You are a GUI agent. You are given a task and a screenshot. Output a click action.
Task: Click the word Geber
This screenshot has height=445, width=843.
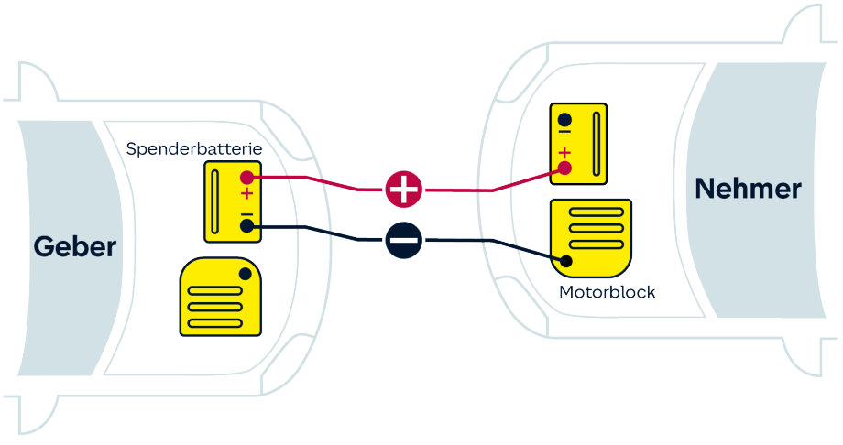[75, 246]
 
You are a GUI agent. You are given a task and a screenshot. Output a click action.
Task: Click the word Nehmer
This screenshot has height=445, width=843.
[748, 189]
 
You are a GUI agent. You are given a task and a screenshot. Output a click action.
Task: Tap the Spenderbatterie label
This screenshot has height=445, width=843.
[194, 149]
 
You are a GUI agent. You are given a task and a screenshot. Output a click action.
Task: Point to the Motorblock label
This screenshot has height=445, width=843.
[607, 292]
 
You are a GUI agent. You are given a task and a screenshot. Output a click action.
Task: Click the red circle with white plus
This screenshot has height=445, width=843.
[404, 190]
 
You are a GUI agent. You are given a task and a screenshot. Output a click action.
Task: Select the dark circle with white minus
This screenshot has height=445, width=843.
[404, 240]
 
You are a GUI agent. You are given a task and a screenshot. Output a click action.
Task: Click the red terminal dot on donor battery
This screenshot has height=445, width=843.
[246, 177]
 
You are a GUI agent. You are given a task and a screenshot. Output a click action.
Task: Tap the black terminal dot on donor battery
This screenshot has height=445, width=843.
[246, 226]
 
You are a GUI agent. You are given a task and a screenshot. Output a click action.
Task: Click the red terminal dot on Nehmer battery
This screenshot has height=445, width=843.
[564, 168]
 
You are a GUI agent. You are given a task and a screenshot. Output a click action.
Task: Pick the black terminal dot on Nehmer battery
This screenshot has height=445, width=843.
[564, 120]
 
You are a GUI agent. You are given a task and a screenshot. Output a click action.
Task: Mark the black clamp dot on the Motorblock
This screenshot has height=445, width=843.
[565, 261]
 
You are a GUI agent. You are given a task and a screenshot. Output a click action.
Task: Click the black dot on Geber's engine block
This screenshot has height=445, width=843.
[246, 274]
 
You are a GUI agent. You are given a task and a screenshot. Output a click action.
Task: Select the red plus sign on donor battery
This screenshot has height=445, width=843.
[246, 193]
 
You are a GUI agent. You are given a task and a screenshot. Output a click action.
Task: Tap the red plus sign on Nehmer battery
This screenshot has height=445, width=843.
[564, 153]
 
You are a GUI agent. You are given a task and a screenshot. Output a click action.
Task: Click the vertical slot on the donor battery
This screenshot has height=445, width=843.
[215, 202]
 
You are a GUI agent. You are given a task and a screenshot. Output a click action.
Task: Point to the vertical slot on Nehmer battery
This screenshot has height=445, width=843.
[597, 144]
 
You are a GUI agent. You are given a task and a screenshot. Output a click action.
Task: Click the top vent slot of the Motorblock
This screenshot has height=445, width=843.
[597, 212]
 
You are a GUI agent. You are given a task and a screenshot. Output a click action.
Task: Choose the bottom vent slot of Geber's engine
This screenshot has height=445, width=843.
[215, 323]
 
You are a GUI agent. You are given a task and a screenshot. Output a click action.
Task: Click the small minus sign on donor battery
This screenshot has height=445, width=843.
[246, 214]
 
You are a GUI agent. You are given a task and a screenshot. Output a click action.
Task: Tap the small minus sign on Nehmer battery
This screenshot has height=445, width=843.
[564, 132]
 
